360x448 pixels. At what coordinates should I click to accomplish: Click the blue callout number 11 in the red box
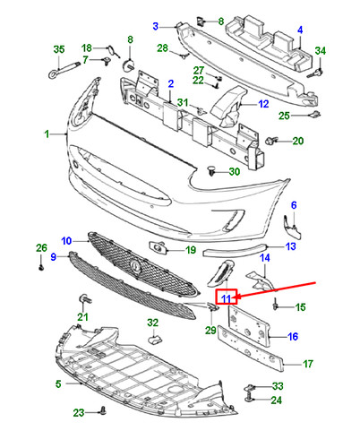pos(227,298)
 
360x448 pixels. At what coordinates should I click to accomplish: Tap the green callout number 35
pos(59,49)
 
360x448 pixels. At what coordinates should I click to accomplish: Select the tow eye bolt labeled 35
pos(64,69)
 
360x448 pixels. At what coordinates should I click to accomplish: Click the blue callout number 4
pos(300,30)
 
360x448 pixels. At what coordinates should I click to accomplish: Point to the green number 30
pos(235,172)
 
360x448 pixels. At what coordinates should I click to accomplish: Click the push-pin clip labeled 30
pos(211,170)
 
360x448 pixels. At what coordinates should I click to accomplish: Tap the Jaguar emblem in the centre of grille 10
pos(135,265)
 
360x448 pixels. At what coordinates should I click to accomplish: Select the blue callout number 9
pos(54,256)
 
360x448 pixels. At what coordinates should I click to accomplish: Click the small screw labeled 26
pos(41,267)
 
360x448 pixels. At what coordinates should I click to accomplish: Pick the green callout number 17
pos(308,364)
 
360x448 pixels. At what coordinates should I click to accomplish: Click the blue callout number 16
pos(293,337)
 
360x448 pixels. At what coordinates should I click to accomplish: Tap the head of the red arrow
pos(237,297)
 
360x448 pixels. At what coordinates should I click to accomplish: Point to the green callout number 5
pos(58,383)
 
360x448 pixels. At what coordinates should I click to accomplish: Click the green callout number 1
pos(47,134)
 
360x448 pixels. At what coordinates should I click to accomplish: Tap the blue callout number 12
pos(263,104)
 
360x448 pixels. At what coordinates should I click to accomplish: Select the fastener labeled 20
pos(271,141)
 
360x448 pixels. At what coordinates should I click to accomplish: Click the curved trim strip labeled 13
pos(235,250)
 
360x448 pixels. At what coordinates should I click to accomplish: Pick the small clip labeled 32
pos(155,340)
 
